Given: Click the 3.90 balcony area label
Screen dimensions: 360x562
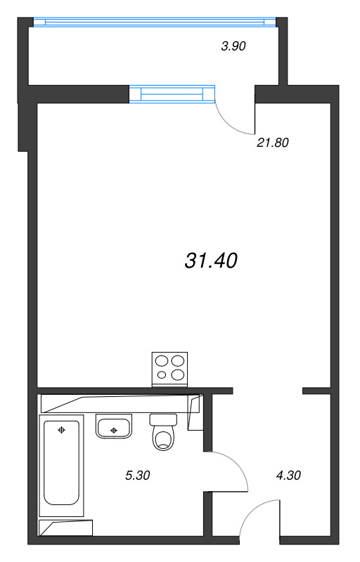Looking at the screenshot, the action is coord(233,46).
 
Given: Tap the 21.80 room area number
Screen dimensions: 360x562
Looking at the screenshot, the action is coord(273,143).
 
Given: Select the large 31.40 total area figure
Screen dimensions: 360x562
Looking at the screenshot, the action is coord(211,261).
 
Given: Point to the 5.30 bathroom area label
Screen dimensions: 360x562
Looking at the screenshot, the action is coord(137,476).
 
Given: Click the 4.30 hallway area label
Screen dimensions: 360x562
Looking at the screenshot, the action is coord(288,476).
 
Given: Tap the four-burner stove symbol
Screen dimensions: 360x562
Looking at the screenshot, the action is coord(169,370).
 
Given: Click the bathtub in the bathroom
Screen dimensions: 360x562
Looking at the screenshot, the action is coord(61,465).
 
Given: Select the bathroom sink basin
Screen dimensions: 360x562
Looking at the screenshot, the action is coord(114,426).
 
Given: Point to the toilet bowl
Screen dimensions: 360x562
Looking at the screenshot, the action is coord(163,438).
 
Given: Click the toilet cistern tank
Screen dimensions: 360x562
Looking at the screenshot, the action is coord(163,419).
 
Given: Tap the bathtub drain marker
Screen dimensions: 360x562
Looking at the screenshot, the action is coord(62,430).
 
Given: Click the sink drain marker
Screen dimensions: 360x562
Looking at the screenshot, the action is coord(114,430).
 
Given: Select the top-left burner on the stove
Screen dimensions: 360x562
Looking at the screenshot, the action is coord(162,360).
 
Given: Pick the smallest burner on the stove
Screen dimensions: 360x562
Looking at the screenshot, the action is coord(162,375).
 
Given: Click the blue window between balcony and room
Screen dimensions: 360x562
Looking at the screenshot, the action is coord(172,94).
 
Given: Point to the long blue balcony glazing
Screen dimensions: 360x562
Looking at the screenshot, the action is coord(155,22).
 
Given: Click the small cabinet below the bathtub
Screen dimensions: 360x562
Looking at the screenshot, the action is coord(65,528).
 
